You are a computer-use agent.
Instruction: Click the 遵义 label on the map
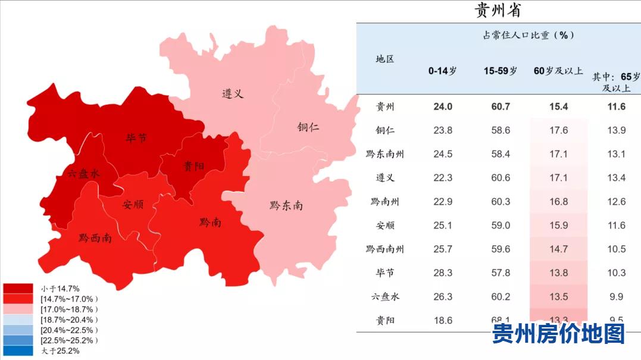point(233,94)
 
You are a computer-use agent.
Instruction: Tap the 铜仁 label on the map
point(308,127)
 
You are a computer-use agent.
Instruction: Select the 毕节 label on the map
point(136,139)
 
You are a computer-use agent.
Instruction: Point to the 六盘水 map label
point(83,174)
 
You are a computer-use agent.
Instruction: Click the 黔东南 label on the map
point(286,205)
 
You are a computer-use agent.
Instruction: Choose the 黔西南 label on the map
point(95,239)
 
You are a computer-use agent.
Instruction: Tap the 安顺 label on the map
point(133,205)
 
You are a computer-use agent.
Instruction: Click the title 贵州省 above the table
point(498,10)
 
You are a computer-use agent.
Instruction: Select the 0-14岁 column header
point(443,71)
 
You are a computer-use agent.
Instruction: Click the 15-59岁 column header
point(501,71)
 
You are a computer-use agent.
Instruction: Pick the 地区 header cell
point(384,59)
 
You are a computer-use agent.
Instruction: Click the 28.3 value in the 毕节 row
point(443,273)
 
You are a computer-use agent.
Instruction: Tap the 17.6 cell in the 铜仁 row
point(558,130)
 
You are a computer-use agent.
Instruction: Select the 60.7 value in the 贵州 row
point(501,107)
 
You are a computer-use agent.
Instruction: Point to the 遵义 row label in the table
point(384,178)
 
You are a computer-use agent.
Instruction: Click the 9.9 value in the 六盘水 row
point(617,297)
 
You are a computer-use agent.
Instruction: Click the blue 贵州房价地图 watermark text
point(558,334)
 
